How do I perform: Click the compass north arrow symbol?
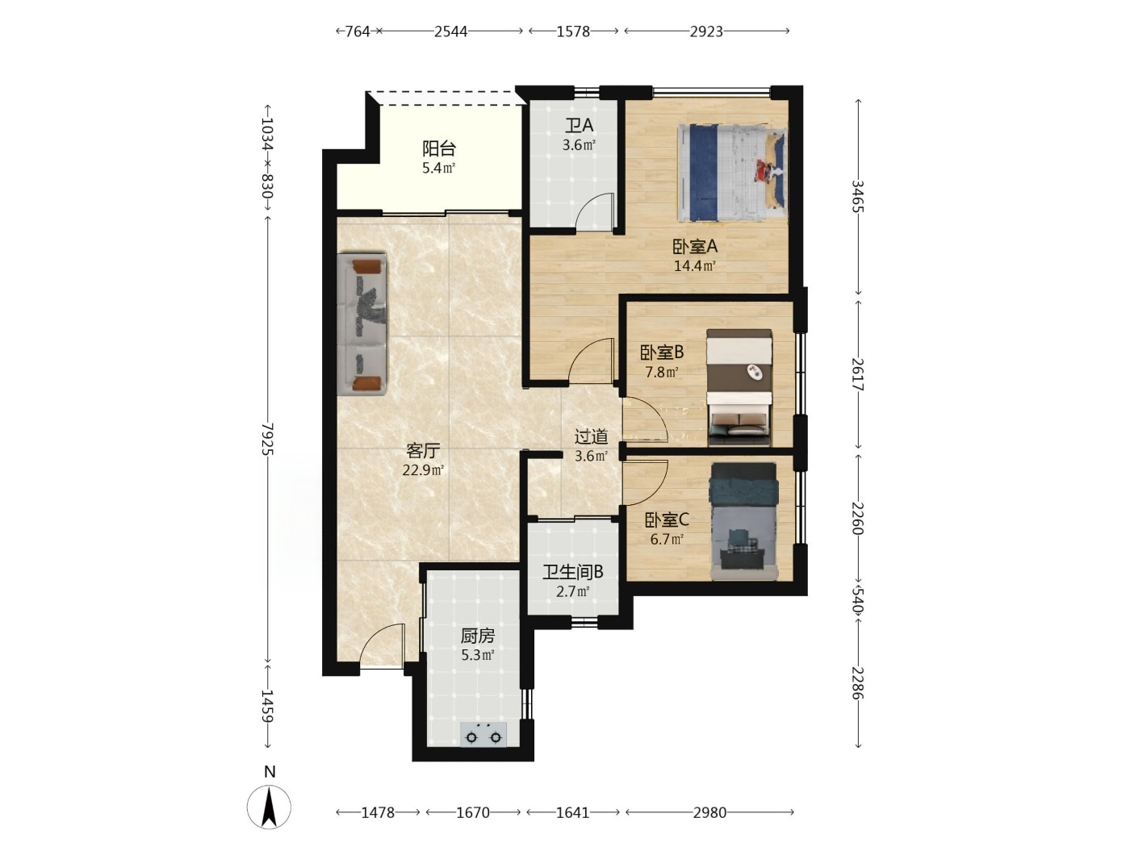269,807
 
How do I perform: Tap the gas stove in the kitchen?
483,734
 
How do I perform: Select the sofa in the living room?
362,324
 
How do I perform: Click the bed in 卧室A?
732,173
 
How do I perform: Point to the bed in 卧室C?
744,521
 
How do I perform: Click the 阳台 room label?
439,148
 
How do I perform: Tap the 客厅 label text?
423,451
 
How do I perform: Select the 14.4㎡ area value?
695,266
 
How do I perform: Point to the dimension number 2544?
451,32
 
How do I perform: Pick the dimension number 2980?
709,812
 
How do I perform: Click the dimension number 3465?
857,196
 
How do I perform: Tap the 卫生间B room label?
573,572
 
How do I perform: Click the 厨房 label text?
478,636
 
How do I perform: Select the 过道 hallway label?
591,436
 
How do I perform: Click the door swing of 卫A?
595,211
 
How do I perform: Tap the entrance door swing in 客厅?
382,646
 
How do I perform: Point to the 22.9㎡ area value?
423,470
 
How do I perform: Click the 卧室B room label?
662,353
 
